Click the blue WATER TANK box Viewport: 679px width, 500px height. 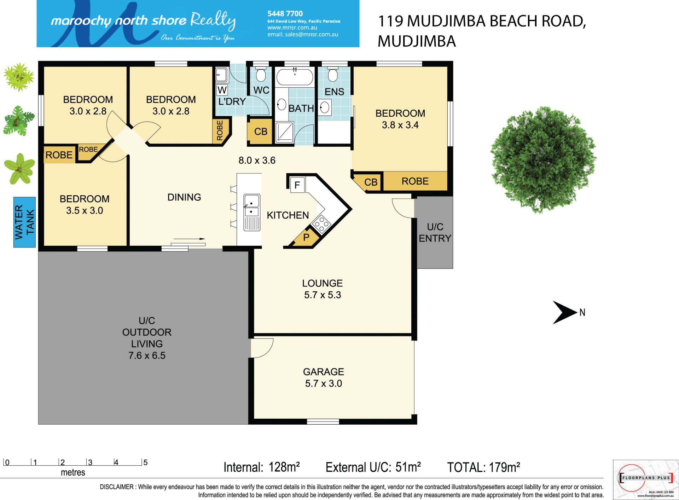coord(24,222)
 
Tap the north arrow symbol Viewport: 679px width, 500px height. coord(565,312)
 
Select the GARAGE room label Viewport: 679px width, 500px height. coord(323,372)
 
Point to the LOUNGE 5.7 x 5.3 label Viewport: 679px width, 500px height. coord(323,289)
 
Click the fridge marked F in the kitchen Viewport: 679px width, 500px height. coord(297,185)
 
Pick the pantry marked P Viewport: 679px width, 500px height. coord(306,238)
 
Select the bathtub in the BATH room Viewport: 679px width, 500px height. coord(295,77)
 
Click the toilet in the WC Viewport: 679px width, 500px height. coord(261,73)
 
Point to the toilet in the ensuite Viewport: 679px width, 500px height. coord(332,73)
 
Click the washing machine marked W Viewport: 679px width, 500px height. coord(222,90)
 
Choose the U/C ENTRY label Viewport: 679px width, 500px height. coord(435,232)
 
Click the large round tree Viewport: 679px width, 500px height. coord(544,160)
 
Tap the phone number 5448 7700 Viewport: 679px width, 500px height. coord(285,13)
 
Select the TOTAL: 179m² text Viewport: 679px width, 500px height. coord(483,467)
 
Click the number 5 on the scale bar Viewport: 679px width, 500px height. coord(145,462)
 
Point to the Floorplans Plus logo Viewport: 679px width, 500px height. coord(645,479)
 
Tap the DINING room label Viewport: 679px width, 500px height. coord(184,197)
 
